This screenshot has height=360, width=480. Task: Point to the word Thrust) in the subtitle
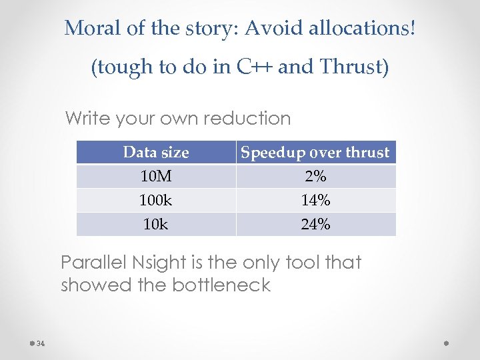[353, 67]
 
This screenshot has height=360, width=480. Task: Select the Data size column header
[156, 153]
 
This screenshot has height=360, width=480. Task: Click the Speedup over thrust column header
[315, 153]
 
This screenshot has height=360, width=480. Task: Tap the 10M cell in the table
[156, 177]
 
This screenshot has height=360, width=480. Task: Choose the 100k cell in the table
[156, 201]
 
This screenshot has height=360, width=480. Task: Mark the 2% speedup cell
[315, 177]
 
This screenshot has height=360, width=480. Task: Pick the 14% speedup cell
[315, 201]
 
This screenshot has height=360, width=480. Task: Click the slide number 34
[41, 344]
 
